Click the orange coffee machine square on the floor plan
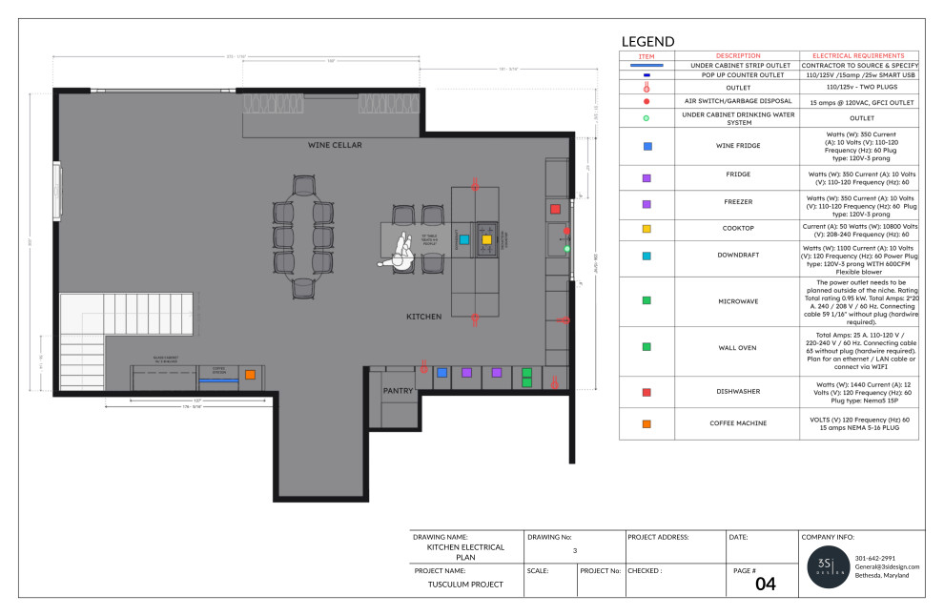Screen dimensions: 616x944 250,375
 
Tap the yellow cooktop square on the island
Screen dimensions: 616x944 486,239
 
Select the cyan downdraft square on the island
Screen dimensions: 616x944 464,239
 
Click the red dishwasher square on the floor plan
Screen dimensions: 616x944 555,208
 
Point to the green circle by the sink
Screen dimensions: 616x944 566,248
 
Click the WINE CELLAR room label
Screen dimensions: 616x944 334,145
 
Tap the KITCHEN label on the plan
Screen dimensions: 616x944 423,316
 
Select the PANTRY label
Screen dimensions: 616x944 398,391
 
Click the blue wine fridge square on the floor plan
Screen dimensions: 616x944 441,373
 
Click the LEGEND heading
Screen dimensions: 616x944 647,41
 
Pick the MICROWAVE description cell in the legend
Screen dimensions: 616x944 738,300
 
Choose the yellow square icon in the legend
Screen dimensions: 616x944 646,229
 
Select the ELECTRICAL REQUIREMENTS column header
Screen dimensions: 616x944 858,55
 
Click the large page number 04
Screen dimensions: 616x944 766,584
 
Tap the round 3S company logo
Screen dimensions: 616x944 827,567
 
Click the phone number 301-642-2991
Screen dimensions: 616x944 875,558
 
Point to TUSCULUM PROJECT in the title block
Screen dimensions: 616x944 465,584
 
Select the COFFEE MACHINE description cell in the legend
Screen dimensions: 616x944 738,422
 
